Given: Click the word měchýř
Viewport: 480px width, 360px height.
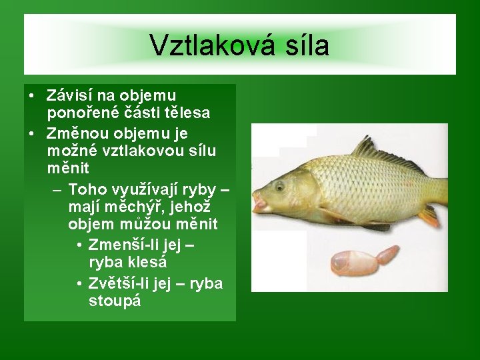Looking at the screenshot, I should [135, 207].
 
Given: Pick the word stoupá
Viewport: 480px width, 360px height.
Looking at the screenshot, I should [115, 301].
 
